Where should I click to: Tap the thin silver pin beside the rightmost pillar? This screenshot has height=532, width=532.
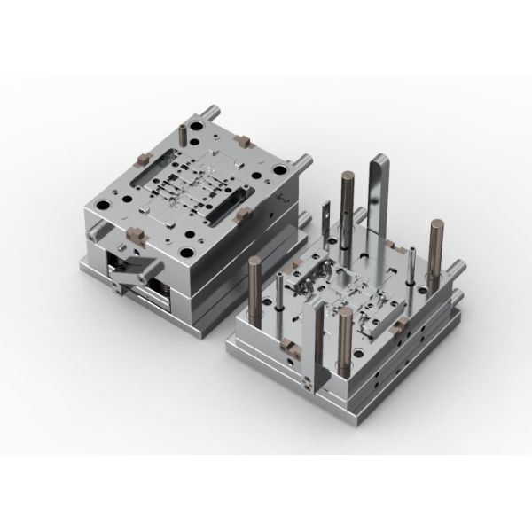point(411,266)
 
